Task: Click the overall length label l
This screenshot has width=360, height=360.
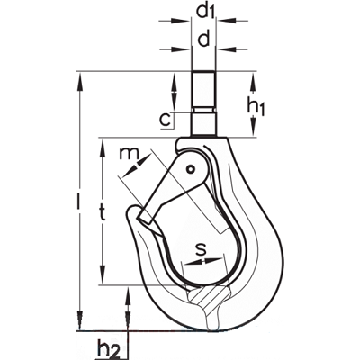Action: [x=78, y=198]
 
